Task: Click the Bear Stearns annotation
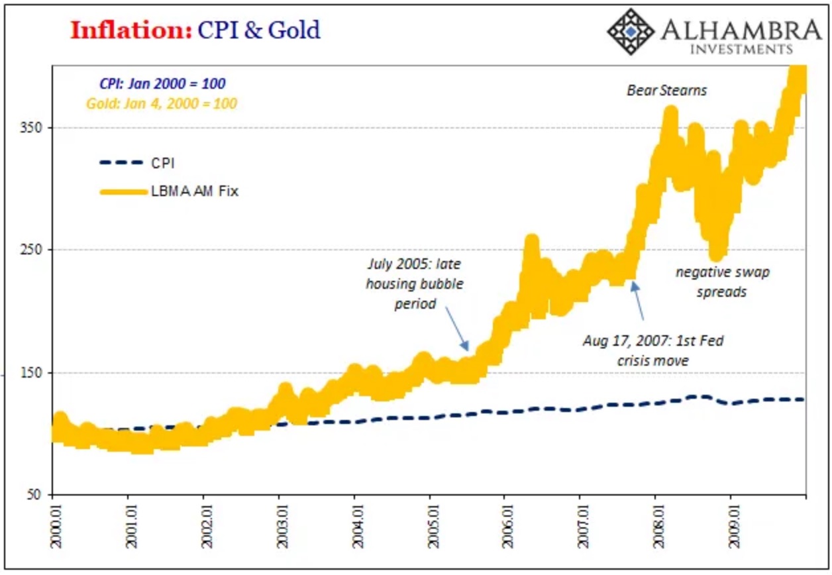click(666, 90)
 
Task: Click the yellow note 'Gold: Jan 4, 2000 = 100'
click(161, 103)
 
